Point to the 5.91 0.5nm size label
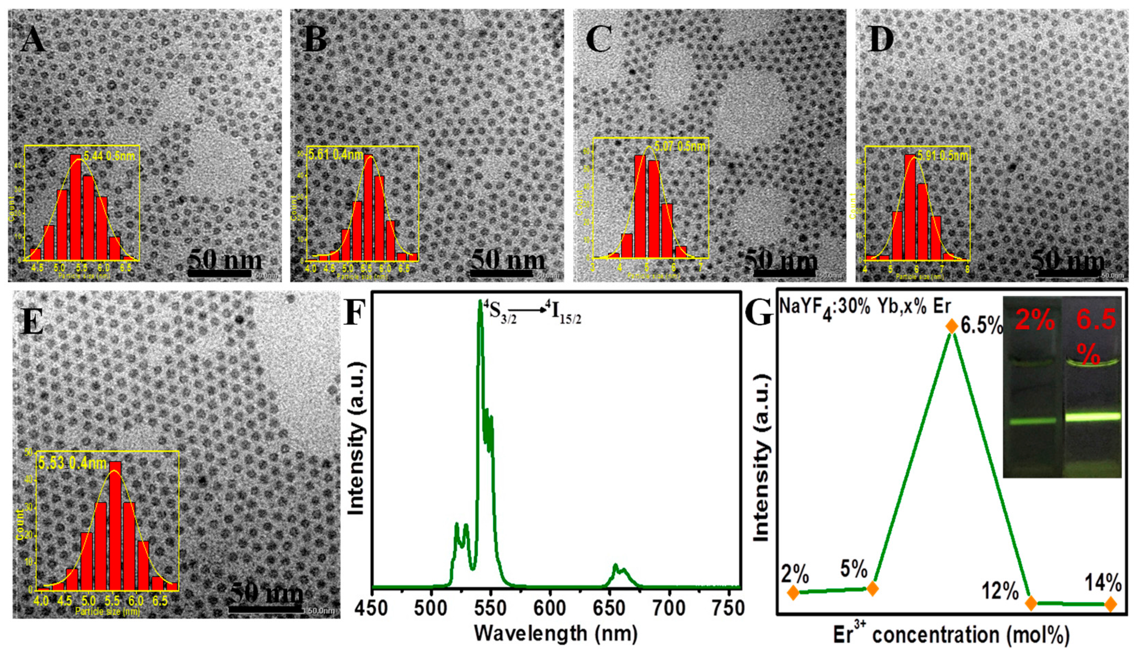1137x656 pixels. point(942,156)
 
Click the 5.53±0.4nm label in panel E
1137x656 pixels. point(72,463)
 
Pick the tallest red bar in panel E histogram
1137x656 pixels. point(115,525)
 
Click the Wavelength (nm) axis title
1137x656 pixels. point(556,633)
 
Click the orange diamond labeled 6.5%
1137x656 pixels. point(951,326)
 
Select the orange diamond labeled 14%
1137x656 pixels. point(1110,604)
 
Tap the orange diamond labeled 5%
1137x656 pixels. point(872,588)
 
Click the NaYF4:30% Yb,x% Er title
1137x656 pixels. point(864,307)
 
